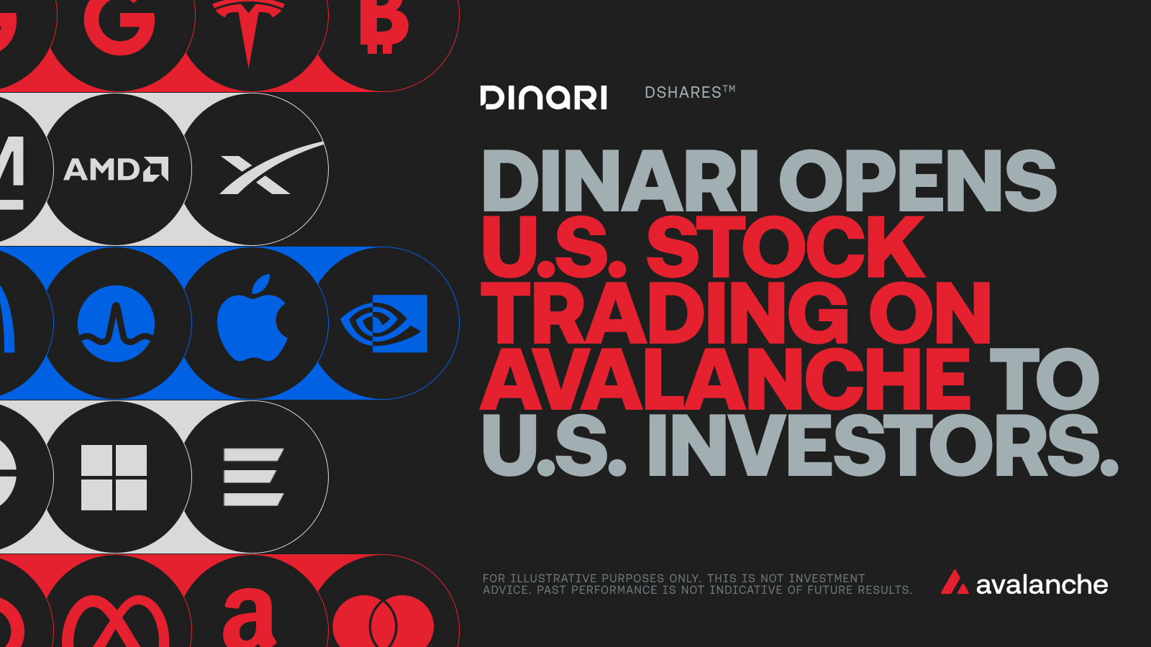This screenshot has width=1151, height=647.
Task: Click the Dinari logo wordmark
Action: [543, 98]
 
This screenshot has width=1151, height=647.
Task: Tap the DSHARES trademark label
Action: [690, 93]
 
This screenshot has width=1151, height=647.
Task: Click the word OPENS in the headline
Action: [918, 180]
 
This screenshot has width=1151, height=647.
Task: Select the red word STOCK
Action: [786, 247]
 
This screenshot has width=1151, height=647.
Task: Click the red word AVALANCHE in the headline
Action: [724, 379]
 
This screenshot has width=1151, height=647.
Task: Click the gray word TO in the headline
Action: [1044, 379]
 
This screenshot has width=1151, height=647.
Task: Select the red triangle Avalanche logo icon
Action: [954, 582]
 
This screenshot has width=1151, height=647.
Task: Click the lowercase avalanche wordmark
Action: [1042, 584]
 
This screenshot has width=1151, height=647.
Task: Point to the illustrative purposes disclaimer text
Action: [697, 584]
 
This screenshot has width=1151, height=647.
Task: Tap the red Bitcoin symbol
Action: [384, 26]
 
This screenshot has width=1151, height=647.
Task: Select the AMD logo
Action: [116, 169]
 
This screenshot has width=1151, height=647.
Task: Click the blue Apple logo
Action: [252, 318]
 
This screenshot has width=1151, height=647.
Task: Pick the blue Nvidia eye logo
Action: [384, 323]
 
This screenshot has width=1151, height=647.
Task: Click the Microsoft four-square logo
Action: [114, 477]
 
